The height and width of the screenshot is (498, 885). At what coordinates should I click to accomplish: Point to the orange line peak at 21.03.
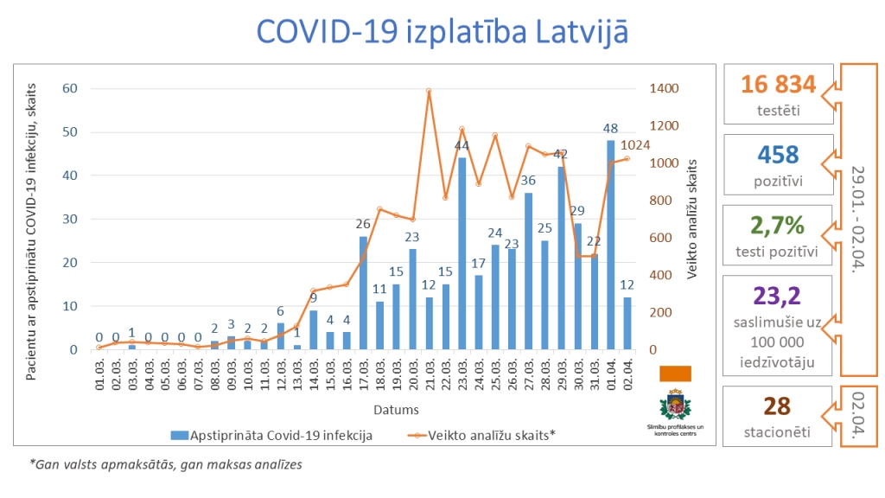pyautogui.click(x=429, y=90)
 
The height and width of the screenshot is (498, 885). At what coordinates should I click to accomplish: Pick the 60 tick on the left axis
pyautogui.click(x=70, y=88)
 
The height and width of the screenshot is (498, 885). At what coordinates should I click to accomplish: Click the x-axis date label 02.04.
pyautogui.click(x=628, y=373)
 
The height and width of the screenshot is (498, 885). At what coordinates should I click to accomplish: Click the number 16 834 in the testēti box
pyautogui.click(x=778, y=85)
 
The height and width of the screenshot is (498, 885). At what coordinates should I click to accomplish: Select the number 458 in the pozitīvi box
pyautogui.click(x=778, y=155)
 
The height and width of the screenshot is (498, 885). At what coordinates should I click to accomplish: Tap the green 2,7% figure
pyautogui.click(x=778, y=226)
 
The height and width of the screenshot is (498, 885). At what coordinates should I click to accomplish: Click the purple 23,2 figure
pyautogui.click(x=778, y=297)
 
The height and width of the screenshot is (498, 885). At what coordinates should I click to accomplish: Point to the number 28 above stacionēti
pyautogui.click(x=778, y=405)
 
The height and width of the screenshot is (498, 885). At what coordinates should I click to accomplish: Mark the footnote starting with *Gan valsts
pyautogui.click(x=166, y=465)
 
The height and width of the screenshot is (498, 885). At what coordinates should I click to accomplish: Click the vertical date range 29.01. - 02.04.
pyautogui.click(x=857, y=220)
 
